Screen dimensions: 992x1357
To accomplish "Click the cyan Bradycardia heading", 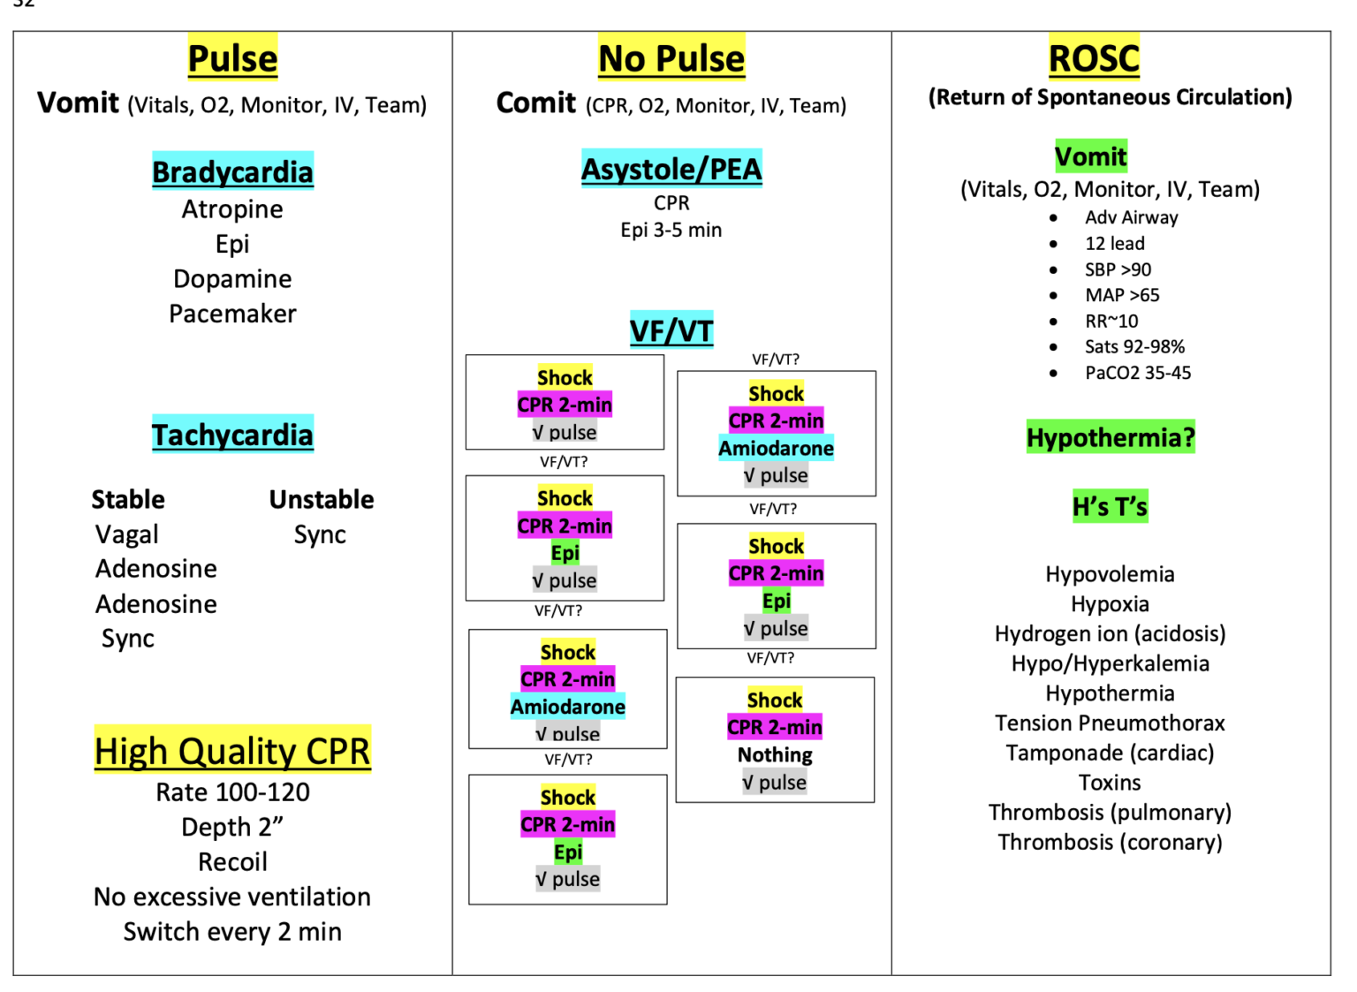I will (x=232, y=171).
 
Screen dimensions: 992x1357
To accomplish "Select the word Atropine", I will (x=232, y=209).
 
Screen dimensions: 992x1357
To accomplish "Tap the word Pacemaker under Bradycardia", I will (x=232, y=314).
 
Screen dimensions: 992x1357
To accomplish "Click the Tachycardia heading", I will (x=232, y=435).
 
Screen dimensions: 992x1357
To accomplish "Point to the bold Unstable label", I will (x=322, y=500).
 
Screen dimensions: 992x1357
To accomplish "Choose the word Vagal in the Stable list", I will (x=127, y=534).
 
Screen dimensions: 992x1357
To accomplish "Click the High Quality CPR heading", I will (x=232, y=751).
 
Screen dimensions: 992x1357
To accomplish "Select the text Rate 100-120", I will (x=232, y=792).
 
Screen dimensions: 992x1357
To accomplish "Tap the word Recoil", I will (x=232, y=862).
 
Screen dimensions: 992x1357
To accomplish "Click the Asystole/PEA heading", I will (x=671, y=169).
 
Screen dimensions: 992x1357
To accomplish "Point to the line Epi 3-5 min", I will (x=671, y=231).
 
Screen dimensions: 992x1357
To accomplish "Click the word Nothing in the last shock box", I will (x=775, y=755).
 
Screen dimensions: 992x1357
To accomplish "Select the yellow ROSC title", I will (x=1094, y=58).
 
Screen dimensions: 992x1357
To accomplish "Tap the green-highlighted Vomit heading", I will (x=1091, y=157).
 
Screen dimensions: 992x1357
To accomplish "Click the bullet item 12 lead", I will (x=1115, y=244).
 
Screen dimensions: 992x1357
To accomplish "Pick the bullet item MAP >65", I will (x=1122, y=296).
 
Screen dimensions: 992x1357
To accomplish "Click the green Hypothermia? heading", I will (x=1111, y=437).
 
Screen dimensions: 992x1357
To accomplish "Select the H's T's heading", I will (x=1110, y=507).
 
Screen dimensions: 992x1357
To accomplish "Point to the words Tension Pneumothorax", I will (x=1110, y=723).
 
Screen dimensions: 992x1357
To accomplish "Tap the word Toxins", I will (x=1110, y=783).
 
